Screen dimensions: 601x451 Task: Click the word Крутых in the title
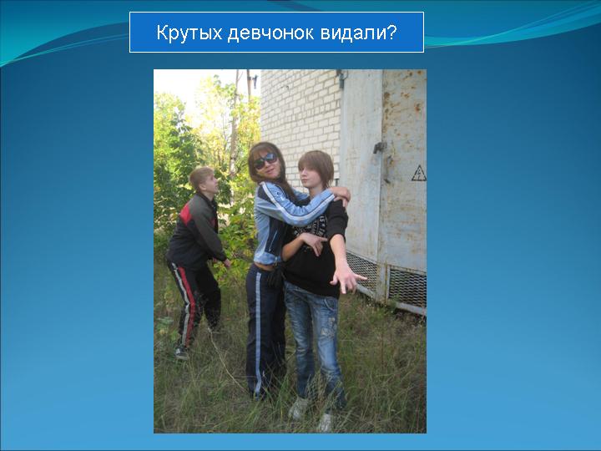189,33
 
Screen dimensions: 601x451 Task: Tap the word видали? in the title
358,33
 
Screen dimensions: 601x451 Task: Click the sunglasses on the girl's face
265,160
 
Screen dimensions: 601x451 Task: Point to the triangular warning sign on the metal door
419,173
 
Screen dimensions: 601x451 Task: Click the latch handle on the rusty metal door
380,147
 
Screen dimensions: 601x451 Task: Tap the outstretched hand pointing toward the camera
346,278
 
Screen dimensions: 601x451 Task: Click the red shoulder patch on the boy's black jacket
186,214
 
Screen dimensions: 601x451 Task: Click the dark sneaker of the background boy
182,352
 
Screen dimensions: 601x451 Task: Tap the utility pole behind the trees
234,123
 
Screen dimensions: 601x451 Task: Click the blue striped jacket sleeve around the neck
295,207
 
